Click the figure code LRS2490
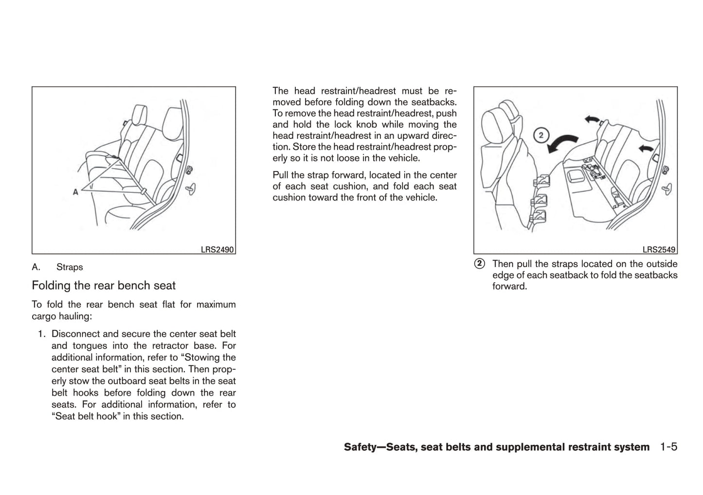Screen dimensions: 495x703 (x=217, y=250)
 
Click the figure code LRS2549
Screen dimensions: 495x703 (x=659, y=250)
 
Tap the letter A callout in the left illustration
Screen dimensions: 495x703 (x=75, y=192)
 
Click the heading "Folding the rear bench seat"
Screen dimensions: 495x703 (x=104, y=286)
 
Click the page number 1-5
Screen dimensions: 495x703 (x=668, y=447)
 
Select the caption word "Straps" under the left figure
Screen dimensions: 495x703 (x=70, y=267)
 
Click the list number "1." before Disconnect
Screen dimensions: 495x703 (x=42, y=334)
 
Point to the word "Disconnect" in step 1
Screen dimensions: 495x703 (x=75, y=334)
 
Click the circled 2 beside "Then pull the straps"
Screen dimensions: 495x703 (x=480, y=264)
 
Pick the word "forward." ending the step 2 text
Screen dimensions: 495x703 (x=509, y=287)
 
